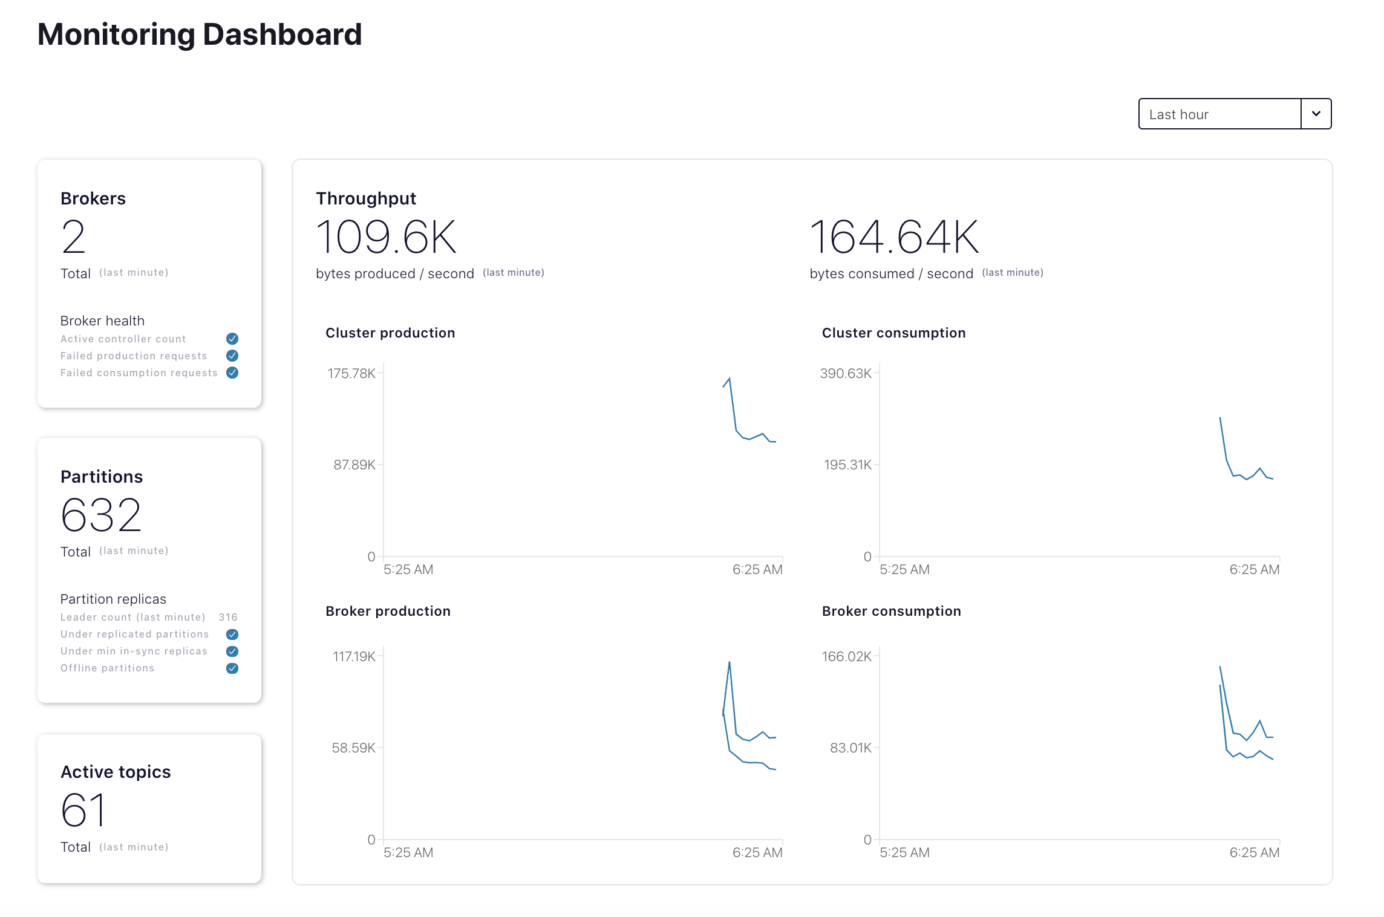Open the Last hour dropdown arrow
(x=1316, y=114)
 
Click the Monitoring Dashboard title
(x=200, y=34)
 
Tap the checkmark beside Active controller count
(x=232, y=339)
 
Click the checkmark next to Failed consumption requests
(x=232, y=373)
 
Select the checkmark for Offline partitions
(x=232, y=668)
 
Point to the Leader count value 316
(x=228, y=617)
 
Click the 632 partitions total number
(x=101, y=515)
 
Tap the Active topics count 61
(x=83, y=811)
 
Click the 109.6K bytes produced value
(x=386, y=237)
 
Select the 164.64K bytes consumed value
(x=894, y=237)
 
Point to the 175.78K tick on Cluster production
(x=351, y=373)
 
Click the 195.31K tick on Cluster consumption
(x=847, y=465)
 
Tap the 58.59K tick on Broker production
(x=353, y=748)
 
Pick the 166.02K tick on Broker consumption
(x=846, y=656)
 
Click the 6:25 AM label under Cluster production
(x=757, y=569)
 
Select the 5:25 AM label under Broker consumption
(x=904, y=852)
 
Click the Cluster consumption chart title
(x=893, y=333)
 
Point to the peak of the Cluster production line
(x=730, y=379)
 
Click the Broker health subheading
(x=102, y=321)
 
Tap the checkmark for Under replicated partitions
(x=232, y=635)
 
